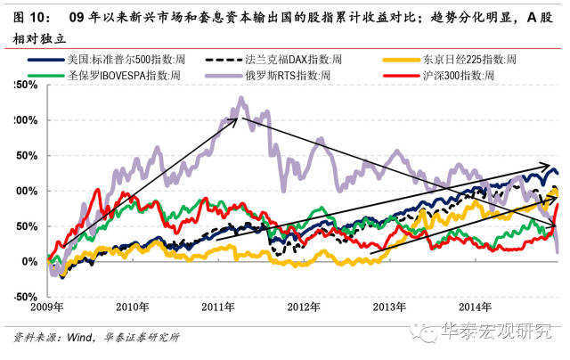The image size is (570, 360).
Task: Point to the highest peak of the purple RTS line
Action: coord(240,99)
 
